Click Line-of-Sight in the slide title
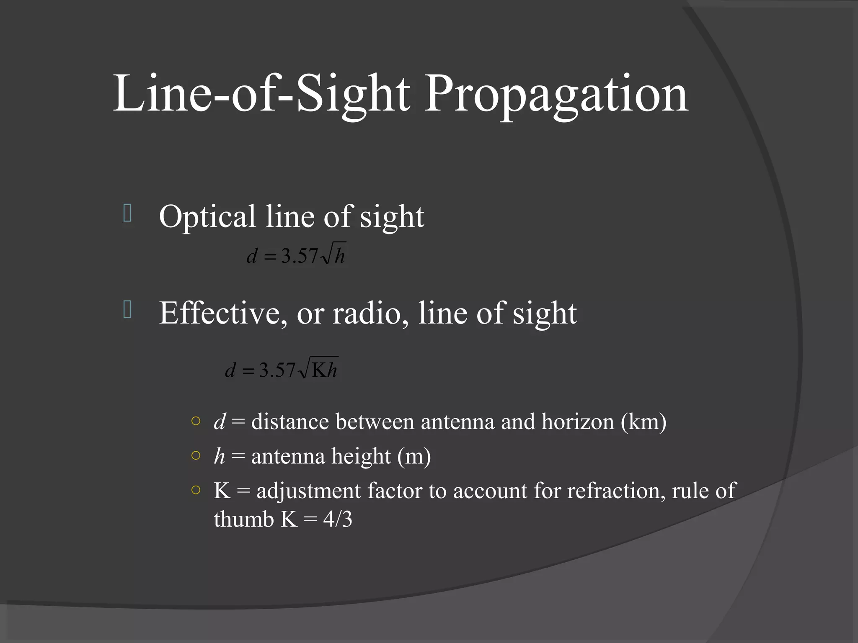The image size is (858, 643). (x=261, y=94)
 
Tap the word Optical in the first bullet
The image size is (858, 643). (x=207, y=217)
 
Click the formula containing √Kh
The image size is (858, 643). (x=282, y=369)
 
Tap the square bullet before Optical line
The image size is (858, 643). (x=128, y=213)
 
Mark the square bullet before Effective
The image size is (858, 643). (x=128, y=310)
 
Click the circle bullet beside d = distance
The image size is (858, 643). (x=196, y=421)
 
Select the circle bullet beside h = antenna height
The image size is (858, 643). (x=196, y=455)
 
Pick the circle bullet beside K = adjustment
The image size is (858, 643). (x=196, y=490)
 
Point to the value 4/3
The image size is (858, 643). (x=338, y=520)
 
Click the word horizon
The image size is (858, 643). (x=578, y=422)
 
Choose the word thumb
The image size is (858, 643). (x=243, y=520)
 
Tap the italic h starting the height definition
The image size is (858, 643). (x=220, y=456)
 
